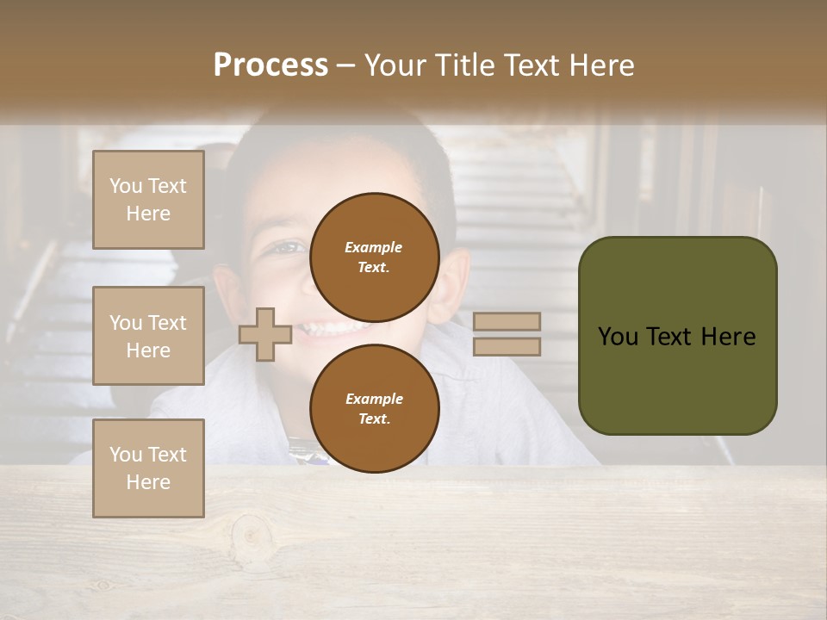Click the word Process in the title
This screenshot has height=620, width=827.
click(270, 65)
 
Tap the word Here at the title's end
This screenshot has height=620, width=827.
click(600, 65)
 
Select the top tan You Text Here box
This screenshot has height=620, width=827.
click(148, 200)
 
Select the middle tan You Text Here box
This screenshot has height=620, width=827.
click(148, 336)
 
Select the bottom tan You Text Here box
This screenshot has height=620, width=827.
click(148, 468)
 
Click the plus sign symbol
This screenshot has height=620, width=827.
click(265, 334)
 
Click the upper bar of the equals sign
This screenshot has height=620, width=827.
click(507, 321)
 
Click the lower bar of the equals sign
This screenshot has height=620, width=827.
click(507, 346)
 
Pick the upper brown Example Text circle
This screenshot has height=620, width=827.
click(374, 257)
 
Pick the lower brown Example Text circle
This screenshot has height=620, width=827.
click(374, 409)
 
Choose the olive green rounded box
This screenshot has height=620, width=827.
click(677, 336)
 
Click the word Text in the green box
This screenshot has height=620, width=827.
click(671, 337)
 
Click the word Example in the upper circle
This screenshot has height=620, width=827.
click(374, 247)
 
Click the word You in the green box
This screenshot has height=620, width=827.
click(618, 337)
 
